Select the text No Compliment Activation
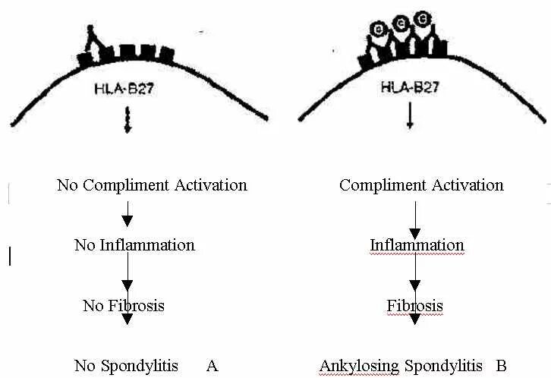coord(152,185)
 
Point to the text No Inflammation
coord(134,245)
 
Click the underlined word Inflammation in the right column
coord(417,245)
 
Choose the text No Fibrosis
coord(123,306)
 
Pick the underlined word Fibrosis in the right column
coord(414,306)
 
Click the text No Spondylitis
coord(126,366)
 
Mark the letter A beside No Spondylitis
coord(212,366)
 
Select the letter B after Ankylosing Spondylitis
coord(501,366)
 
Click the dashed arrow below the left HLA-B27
coord(128,121)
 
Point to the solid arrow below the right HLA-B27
coord(411,118)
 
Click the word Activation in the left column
coord(210,185)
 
